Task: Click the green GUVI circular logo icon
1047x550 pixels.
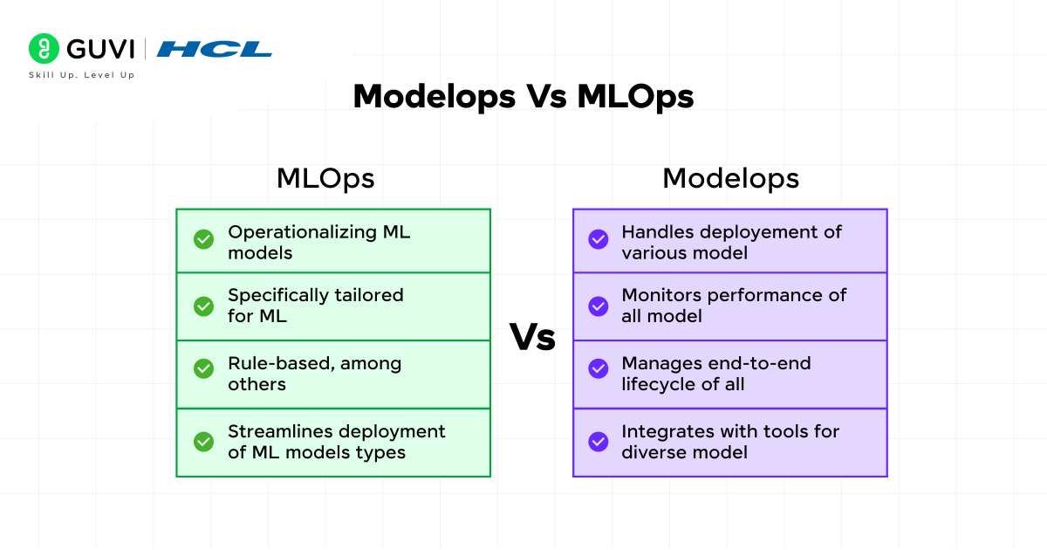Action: (44, 49)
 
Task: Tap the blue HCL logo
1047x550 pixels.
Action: (214, 49)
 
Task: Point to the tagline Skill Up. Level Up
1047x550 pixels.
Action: (81, 75)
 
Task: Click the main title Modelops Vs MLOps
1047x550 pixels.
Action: (523, 96)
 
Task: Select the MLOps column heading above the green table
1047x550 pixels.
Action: (325, 178)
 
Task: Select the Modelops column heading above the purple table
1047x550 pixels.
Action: (730, 178)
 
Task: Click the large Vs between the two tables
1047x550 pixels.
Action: (532, 337)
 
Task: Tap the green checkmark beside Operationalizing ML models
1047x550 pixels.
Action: (203, 239)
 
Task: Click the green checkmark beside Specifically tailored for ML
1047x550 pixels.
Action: (203, 306)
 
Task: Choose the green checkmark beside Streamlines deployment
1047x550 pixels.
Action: (203, 442)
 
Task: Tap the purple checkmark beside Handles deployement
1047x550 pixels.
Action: (599, 239)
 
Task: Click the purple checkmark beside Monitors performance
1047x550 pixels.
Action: (599, 306)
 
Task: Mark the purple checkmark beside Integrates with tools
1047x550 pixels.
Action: (599, 442)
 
